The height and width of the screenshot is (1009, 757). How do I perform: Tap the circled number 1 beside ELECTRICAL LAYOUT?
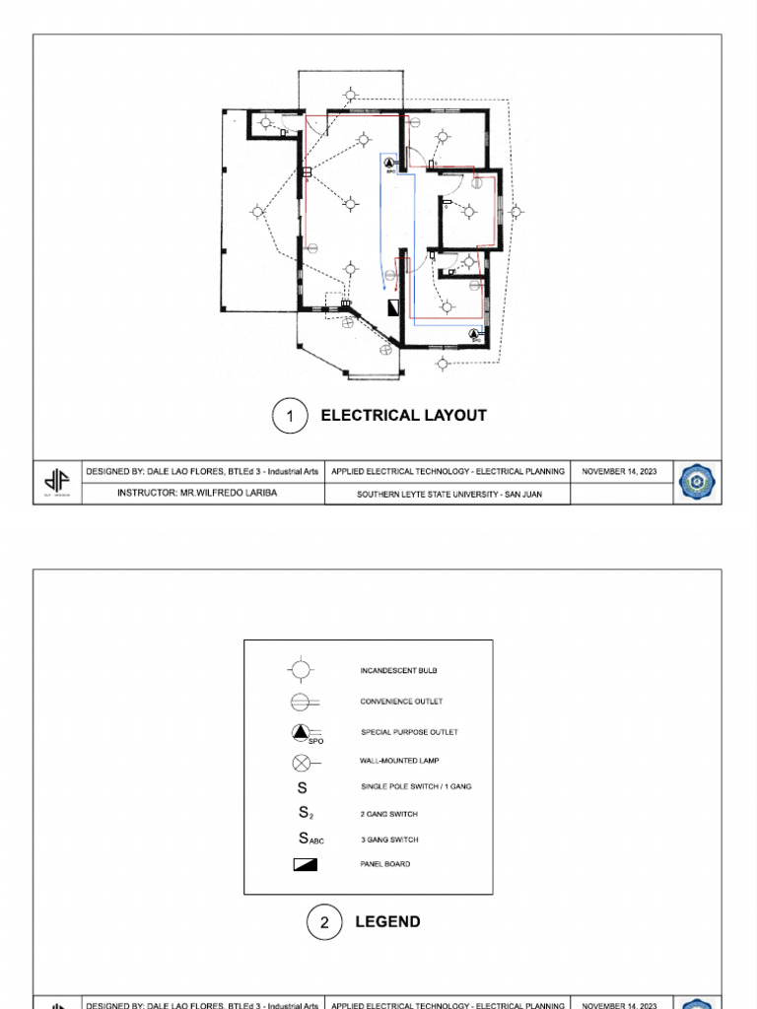pyautogui.click(x=290, y=416)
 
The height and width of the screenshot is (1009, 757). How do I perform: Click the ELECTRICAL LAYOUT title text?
pyautogui.click(x=403, y=416)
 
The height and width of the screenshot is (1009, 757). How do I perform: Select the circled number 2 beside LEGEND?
pyautogui.click(x=324, y=922)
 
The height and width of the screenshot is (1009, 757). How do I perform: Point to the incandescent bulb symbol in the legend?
pyautogui.click(x=302, y=670)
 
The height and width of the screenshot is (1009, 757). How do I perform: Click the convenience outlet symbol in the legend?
pyautogui.click(x=302, y=702)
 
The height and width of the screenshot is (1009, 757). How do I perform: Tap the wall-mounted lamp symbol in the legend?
pyautogui.click(x=302, y=762)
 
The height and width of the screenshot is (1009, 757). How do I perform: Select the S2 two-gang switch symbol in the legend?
pyautogui.click(x=306, y=814)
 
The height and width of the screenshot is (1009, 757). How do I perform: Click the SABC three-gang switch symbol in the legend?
pyautogui.click(x=310, y=839)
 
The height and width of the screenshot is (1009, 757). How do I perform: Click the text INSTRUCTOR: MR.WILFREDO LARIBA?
pyautogui.click(x=197, y=493)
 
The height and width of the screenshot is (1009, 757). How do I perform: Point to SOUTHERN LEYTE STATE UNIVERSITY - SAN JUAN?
pyautogui.click(x=448, y=494)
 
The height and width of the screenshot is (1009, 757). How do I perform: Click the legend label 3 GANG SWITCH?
pyautogui.click(x=389, y=840)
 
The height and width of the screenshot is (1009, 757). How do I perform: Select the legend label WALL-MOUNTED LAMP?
pyautogui.click(x=399, y=761)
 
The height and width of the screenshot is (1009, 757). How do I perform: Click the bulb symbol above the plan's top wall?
pyautogui.click(x=350, y=96)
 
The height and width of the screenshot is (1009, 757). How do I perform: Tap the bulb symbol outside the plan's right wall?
pyautogui.click(x=516, y=211)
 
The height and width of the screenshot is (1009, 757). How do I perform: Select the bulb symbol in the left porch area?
pyautogui.click(x=258, y=211)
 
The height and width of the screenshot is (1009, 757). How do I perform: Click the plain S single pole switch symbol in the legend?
pyautogui.click(x=303, y=787)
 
